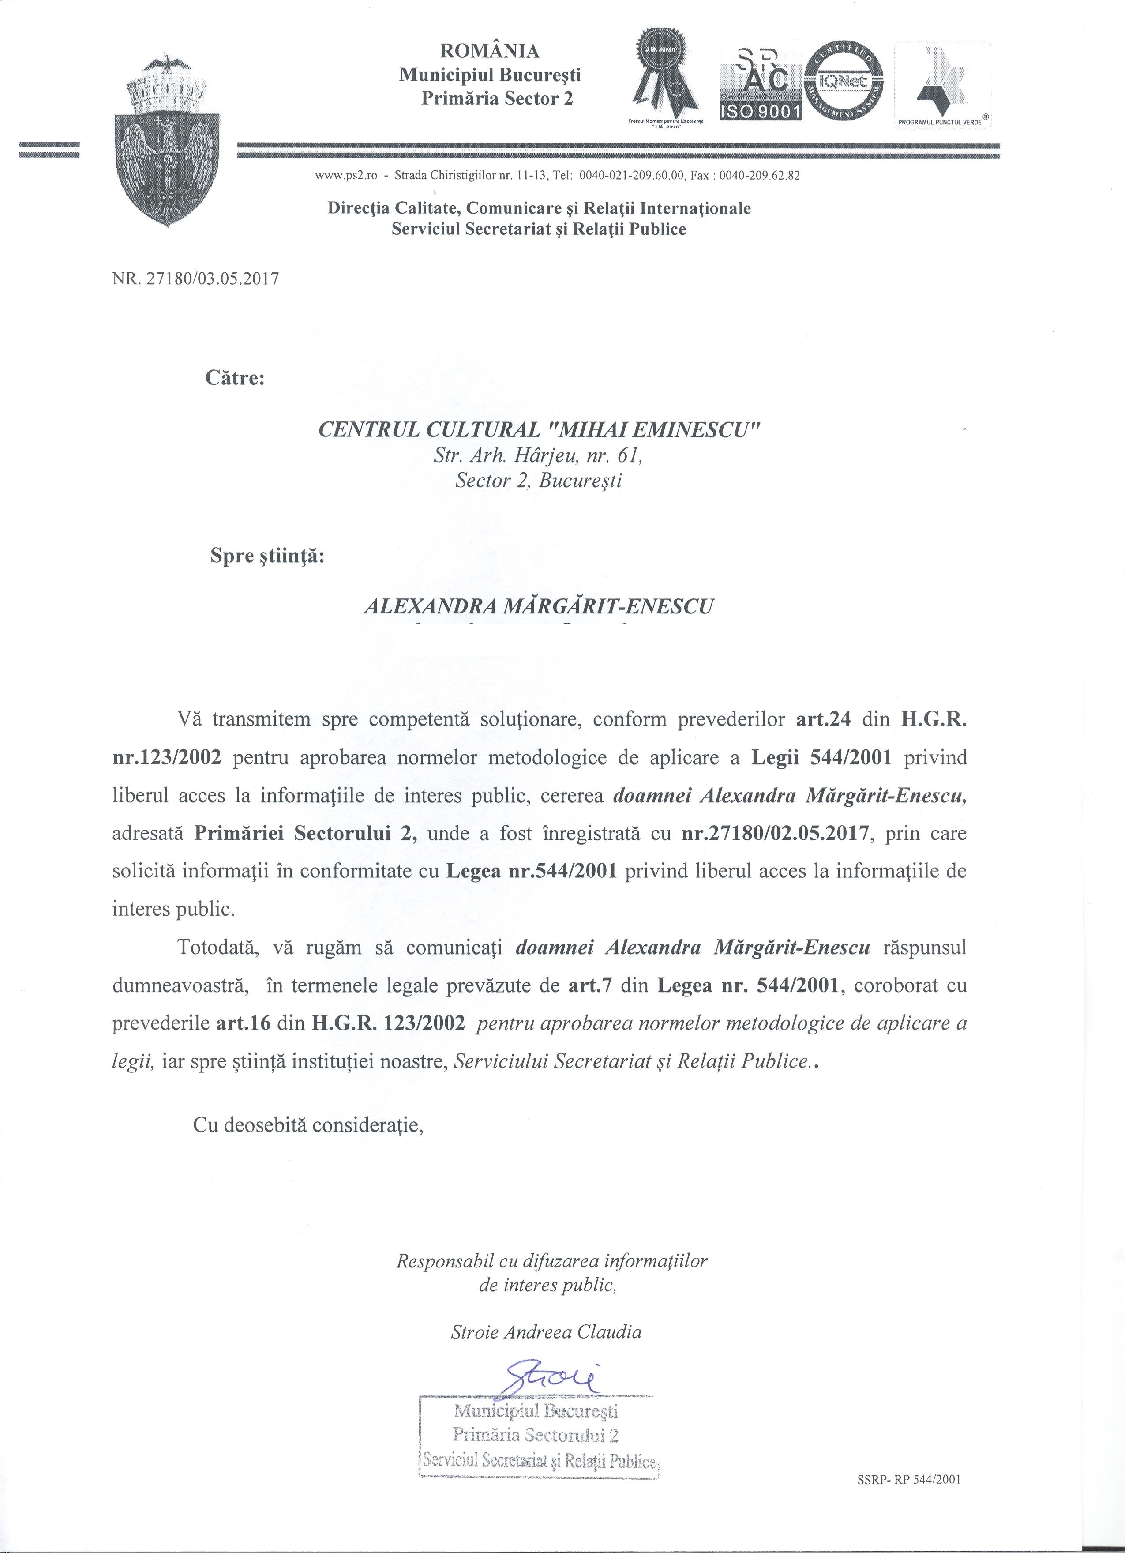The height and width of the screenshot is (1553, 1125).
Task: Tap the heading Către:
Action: click(235, 377)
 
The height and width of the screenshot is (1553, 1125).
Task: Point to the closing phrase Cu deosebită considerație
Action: click(309, 1124)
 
